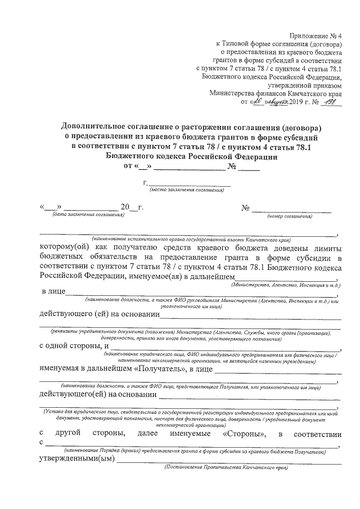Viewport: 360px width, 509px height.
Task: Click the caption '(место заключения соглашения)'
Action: click(187, 191)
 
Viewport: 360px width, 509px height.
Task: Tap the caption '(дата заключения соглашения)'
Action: click(88, 215)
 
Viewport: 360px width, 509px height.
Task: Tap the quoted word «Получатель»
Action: click(159, 369)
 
